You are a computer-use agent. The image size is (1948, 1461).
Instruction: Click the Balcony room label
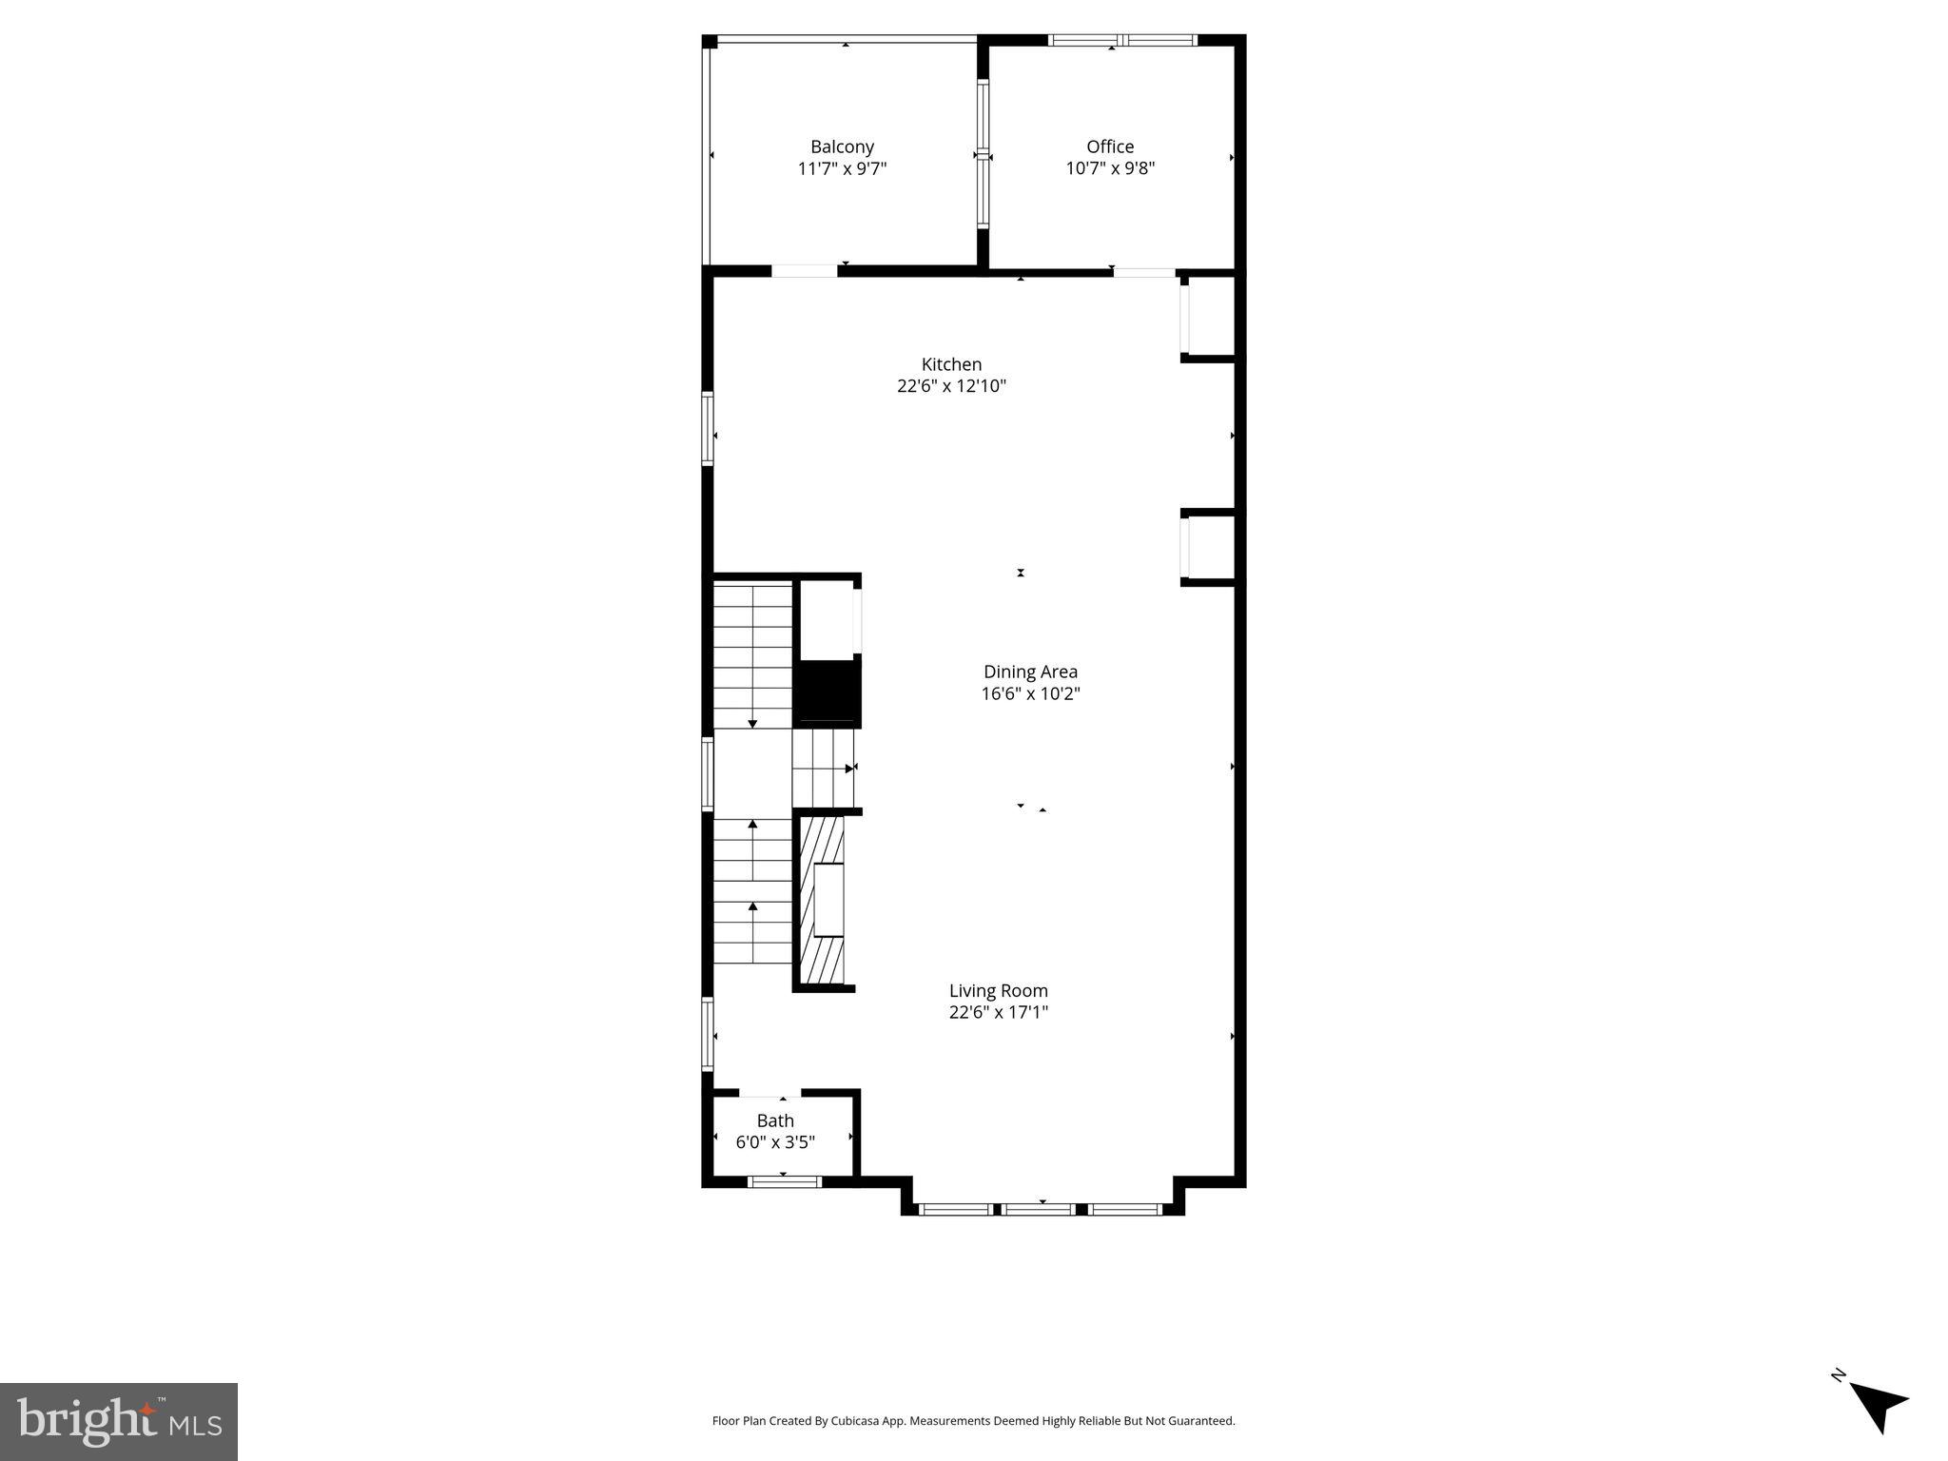pyautogui.click(x=842, y=146)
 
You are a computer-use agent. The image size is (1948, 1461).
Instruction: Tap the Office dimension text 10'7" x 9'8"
pyautogui.click(x=1110, y=168)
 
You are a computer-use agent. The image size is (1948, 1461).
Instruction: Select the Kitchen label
pyautogui.click(x=951, y=364)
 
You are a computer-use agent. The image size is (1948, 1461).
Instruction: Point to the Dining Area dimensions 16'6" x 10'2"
pyautogui.click(x=1030, y=693)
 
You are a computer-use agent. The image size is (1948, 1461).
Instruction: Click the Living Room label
pyautogui.click(x=998, y=990)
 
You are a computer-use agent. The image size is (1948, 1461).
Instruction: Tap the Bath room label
pyautogui.click(x=775, y=1120)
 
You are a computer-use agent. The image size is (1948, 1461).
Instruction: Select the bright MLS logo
pyautogui.click(x=119, y=1422)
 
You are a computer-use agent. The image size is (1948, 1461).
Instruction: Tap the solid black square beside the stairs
pyautogui.click(x=827, y=692)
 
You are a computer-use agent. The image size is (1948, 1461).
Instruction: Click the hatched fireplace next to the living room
pyautogui.click(x=822, y=900)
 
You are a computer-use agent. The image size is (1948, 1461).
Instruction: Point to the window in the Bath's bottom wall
pyautogui.click(x=784, y=1181)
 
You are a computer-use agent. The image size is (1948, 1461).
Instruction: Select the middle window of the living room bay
pyautogui.click(x=1041, y=1209)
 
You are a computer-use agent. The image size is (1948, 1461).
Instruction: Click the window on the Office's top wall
pyautogui.click(x=1122, y=40)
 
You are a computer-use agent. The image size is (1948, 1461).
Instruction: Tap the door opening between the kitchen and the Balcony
pyautogui.click(x=804, y=271)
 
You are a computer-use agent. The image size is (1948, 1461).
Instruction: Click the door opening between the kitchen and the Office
pyautogui.click(x=1144, y=273)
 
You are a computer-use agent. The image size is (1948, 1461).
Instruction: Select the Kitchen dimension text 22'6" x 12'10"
pyautogui.click(x=951, y=386)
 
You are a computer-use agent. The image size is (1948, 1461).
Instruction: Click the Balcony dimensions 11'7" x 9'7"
pyautogui.click(x=842, y=169)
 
